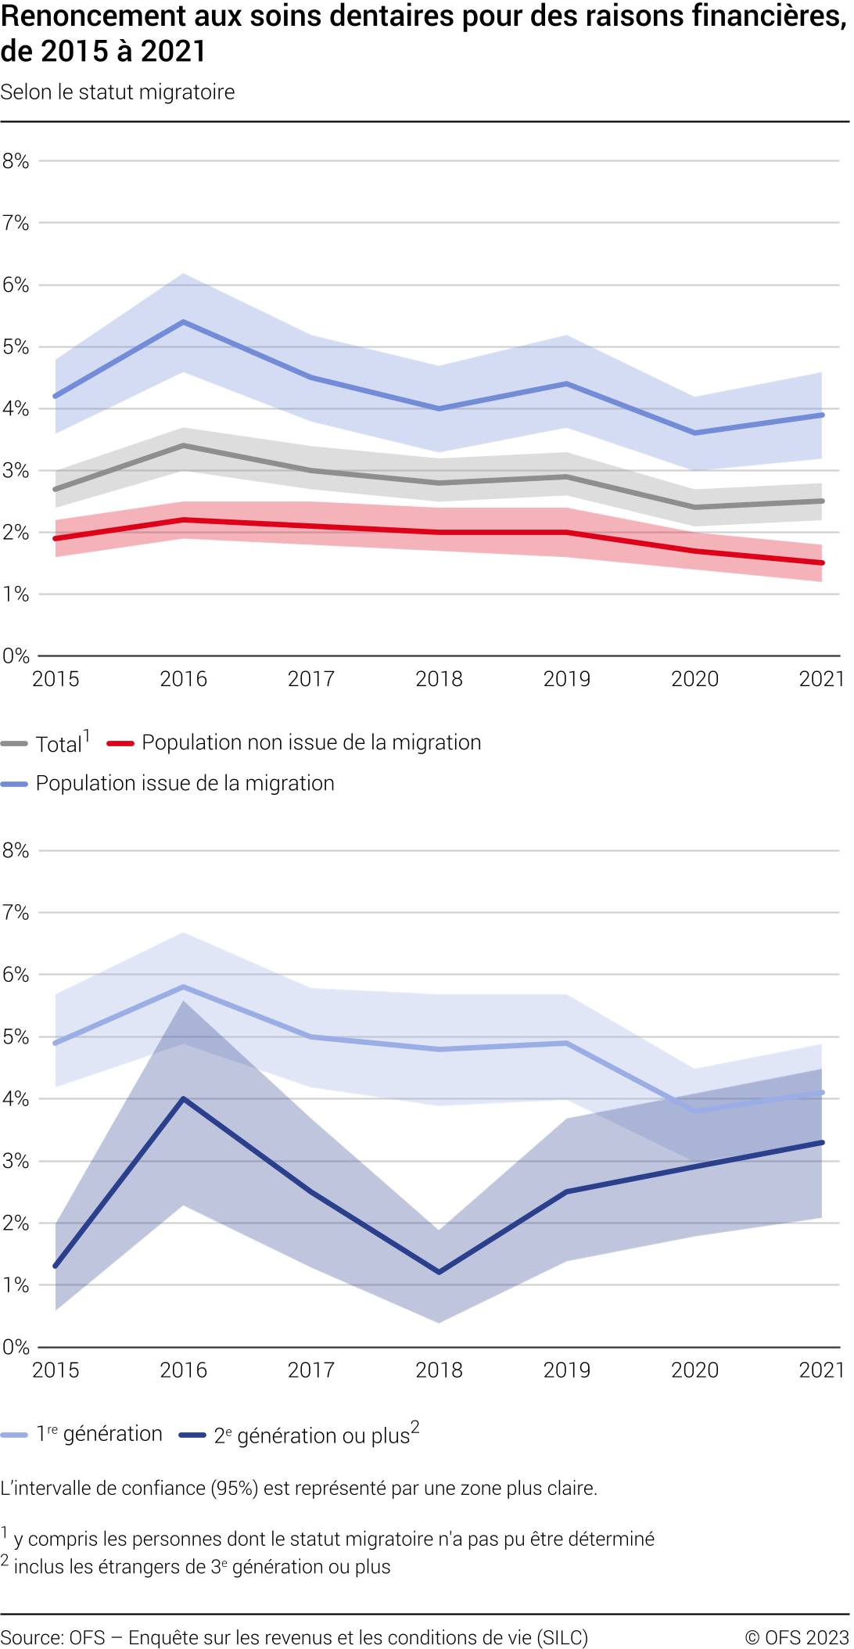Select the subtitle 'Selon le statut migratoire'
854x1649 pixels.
[x=118, y=92]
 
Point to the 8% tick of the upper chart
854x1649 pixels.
[x=16, y=161]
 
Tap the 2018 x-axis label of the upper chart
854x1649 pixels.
[x=439, y=679]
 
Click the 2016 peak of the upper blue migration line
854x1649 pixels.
[x=184, y=322]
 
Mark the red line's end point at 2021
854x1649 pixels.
[x=822, y=562]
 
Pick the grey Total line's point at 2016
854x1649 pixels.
[x=184, y=446]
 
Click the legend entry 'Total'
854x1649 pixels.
[x=59, y=744]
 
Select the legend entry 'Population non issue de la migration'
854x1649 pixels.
[x=310, y=742]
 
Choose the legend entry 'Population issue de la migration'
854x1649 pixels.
[x=185, y=783]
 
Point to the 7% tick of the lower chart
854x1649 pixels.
[x=16, y=913]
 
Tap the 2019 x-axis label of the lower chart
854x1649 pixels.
[x=567, y=1370]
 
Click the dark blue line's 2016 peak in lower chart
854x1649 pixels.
[x=184, y=1099]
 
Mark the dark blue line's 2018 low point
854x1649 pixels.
[x=439, y=1273]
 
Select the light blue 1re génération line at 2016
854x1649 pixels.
[x=184, y=986]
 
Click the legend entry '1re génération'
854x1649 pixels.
[x=99, y=1434]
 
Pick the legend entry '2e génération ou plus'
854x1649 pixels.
[x=313, y=1435]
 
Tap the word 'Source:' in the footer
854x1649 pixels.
[x=31, y=1637]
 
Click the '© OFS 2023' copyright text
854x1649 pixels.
[x=796, y=1637]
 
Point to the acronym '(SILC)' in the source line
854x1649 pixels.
[x=562, y=1637]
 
